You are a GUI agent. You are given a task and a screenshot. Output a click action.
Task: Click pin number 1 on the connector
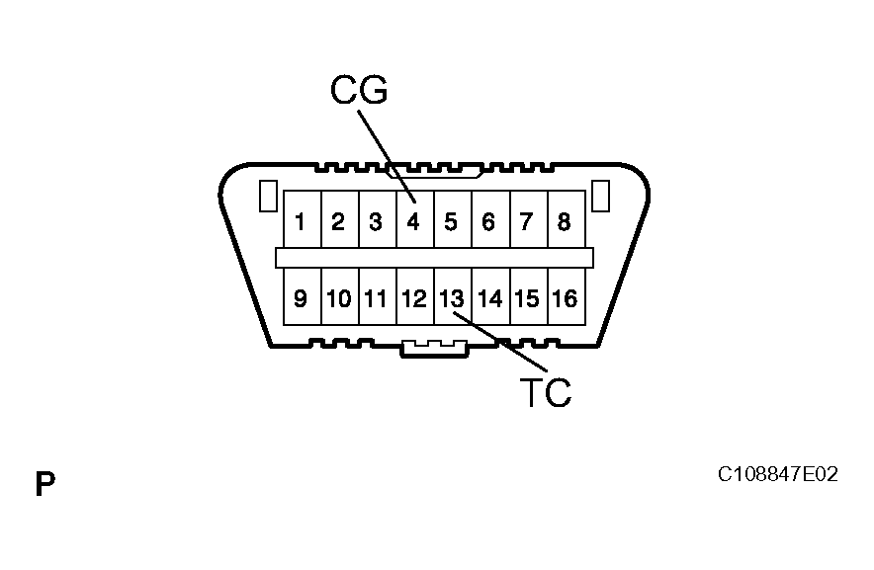[x=301, y=221]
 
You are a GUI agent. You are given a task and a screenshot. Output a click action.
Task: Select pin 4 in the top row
[x=413, y=221]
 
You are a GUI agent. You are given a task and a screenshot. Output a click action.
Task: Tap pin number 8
[x=564, y=221]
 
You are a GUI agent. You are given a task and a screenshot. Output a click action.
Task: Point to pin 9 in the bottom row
[x=301, y=297]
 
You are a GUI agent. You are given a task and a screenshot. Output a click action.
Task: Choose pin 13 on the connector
[x=451, y=297]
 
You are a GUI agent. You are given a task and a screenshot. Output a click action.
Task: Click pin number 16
[x=564, y=297]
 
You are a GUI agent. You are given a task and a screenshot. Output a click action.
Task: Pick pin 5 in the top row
[x=451, y=221]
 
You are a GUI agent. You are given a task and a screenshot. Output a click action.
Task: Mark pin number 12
[x=414, y=297]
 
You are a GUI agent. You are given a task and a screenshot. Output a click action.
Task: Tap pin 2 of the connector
[x=338, y=221]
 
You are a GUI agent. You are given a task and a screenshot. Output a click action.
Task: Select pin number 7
[x=526, y=221]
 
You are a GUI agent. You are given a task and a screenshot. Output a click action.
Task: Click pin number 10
[x=338, y=297]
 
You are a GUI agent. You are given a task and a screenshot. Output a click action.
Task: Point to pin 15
[x=526, y=297]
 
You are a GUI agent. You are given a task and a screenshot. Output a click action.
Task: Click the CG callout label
[x=359, y=90]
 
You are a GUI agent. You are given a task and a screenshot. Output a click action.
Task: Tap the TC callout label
[x=545, y=393]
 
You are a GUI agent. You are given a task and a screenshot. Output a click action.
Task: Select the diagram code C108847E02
[x=777, y=475]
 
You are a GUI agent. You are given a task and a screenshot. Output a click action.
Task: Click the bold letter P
[x=44, y=485]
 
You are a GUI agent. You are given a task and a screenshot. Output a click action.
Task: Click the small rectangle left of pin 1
[x=266, y=196]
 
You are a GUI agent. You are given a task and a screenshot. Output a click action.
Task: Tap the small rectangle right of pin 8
[x=599, y=196]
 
